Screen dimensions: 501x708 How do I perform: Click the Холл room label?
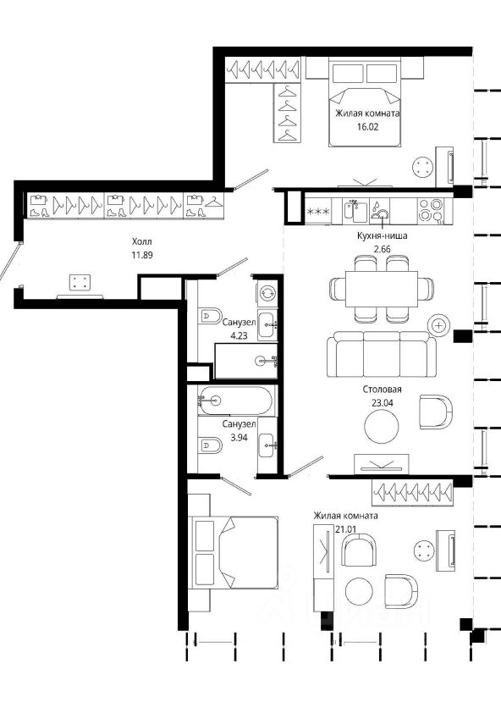[141, 241]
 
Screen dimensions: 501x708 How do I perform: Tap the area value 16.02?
[367, 127]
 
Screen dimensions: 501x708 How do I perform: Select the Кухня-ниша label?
[382, 235]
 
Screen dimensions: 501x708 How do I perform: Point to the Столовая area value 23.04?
[382, 403]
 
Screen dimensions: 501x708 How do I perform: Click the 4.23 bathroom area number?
[239, 335]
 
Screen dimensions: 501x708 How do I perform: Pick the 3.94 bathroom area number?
[239, 437]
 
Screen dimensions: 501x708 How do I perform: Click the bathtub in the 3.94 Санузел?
[235, 400]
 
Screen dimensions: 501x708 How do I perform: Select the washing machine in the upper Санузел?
[267, 292]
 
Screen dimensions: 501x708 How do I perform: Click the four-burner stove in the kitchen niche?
[433, 210]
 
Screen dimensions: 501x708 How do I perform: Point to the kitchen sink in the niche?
[354, 212]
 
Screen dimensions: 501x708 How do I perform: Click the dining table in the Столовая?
[382, 289]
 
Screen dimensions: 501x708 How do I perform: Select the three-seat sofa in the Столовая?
[382, 354]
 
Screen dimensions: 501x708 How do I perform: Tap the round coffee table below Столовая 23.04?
[382, 427]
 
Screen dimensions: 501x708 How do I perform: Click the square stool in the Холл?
[80, 283]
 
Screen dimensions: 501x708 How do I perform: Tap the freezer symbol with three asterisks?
[318, 212]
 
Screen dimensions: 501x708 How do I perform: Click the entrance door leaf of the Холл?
[10, 261]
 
